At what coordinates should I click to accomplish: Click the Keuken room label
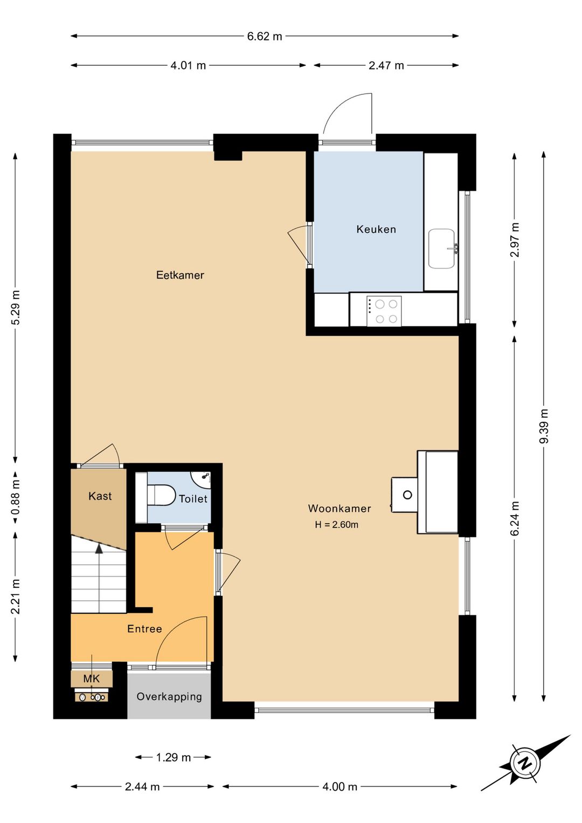click(x=376, y=229)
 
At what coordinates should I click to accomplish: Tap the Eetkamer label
click(x=180, y=275)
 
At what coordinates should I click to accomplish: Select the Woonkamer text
click(x=339, y=508)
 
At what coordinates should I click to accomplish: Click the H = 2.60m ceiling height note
click(x=336, y=524)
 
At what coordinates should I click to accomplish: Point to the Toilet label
click(x=193, y=498)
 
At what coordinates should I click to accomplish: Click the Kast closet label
click(x=100, y=496)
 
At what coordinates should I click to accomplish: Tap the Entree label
click(x=144, y=629)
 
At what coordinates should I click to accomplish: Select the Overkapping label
click(x=169, y=697)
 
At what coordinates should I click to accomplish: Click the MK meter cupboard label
click(x=92, y=678)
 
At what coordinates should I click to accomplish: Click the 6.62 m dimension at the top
click(x=265, y=36)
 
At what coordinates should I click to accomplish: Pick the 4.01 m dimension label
click(x=188, y=65)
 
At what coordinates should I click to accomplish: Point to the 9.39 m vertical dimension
click(x=544, y=426)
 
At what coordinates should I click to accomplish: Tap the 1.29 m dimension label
click(x=174, y=757)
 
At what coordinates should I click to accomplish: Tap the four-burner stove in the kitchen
click(x=384, y=311)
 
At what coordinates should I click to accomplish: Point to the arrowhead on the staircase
click(x=99, y=548)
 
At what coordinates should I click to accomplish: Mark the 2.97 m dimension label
click(x=515, y=239)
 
